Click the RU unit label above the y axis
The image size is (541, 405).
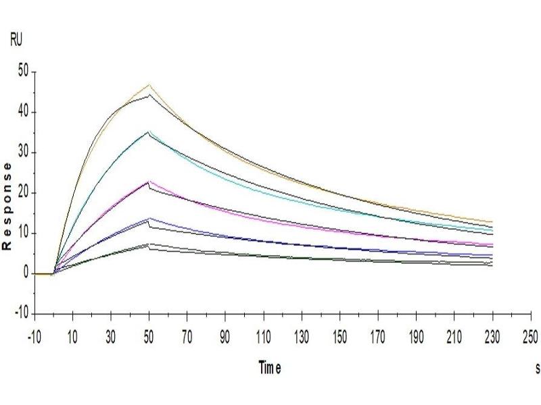pos(16,40)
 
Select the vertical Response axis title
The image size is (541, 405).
pos(7,206)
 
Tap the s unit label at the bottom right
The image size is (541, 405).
pos(537,369)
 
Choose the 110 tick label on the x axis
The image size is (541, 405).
pos(264,335)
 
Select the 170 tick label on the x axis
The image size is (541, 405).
pos(379,335)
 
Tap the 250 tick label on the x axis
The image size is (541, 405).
pos(532,335)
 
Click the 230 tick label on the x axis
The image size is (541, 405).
pos(493,335)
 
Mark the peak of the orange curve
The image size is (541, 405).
pos(149,85)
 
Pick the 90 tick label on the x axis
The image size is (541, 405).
pos(226,335)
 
